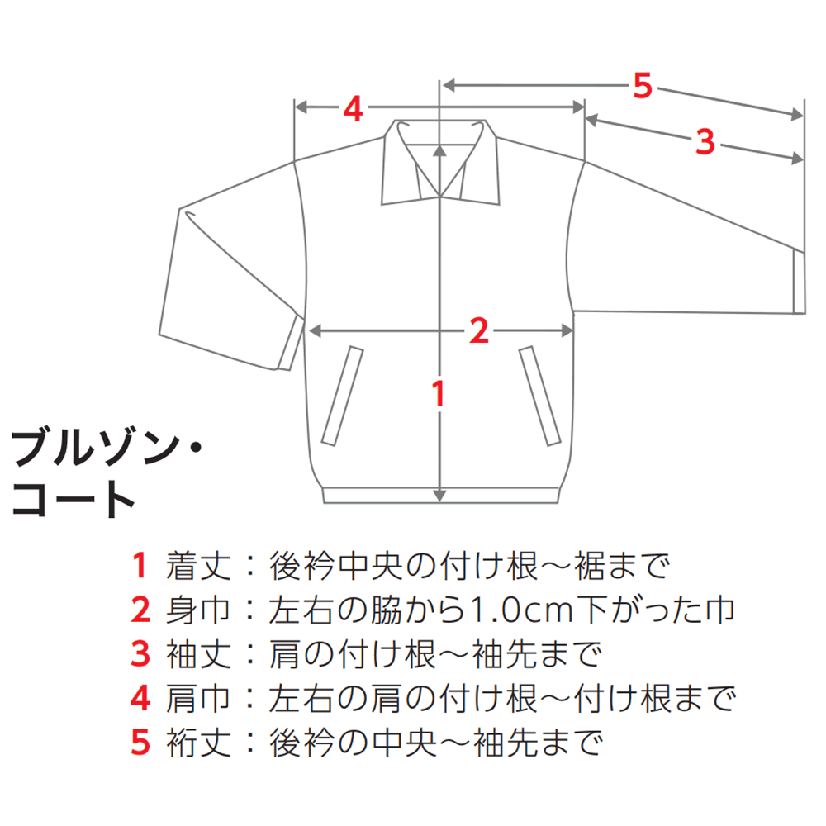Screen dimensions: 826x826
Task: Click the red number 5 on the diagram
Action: [x=643, y=86]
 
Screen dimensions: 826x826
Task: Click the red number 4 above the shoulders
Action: [x=353, y=108]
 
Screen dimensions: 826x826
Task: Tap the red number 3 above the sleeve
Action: [x=705, y=141]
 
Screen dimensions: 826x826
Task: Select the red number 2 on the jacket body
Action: [x=479, y=331]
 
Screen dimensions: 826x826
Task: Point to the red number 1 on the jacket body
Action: [x=439, y=393]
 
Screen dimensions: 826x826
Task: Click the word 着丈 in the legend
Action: [x=198, y=566]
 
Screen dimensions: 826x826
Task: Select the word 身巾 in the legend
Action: [x=198, y=610]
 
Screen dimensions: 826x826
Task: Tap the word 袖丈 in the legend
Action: [x=198, y=654]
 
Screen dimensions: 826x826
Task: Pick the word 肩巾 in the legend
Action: [x=198, y=699]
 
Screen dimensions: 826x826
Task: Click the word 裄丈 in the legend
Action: [x=198, y=743]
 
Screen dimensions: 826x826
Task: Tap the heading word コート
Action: [x=73, y=499]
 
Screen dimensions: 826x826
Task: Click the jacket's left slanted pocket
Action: [x=343, y=396]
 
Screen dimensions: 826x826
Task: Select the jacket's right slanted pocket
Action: [x=540, y=396]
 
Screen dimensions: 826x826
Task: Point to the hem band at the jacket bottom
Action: [x=440, y=495]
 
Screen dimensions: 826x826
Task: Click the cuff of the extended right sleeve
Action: [x=799, y=282]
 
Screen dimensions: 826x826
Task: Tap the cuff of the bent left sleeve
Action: [x=290, y=343]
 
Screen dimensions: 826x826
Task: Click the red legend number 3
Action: [x=140, y=654]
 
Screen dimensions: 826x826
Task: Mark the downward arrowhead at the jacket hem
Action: [x=440, y=496]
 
